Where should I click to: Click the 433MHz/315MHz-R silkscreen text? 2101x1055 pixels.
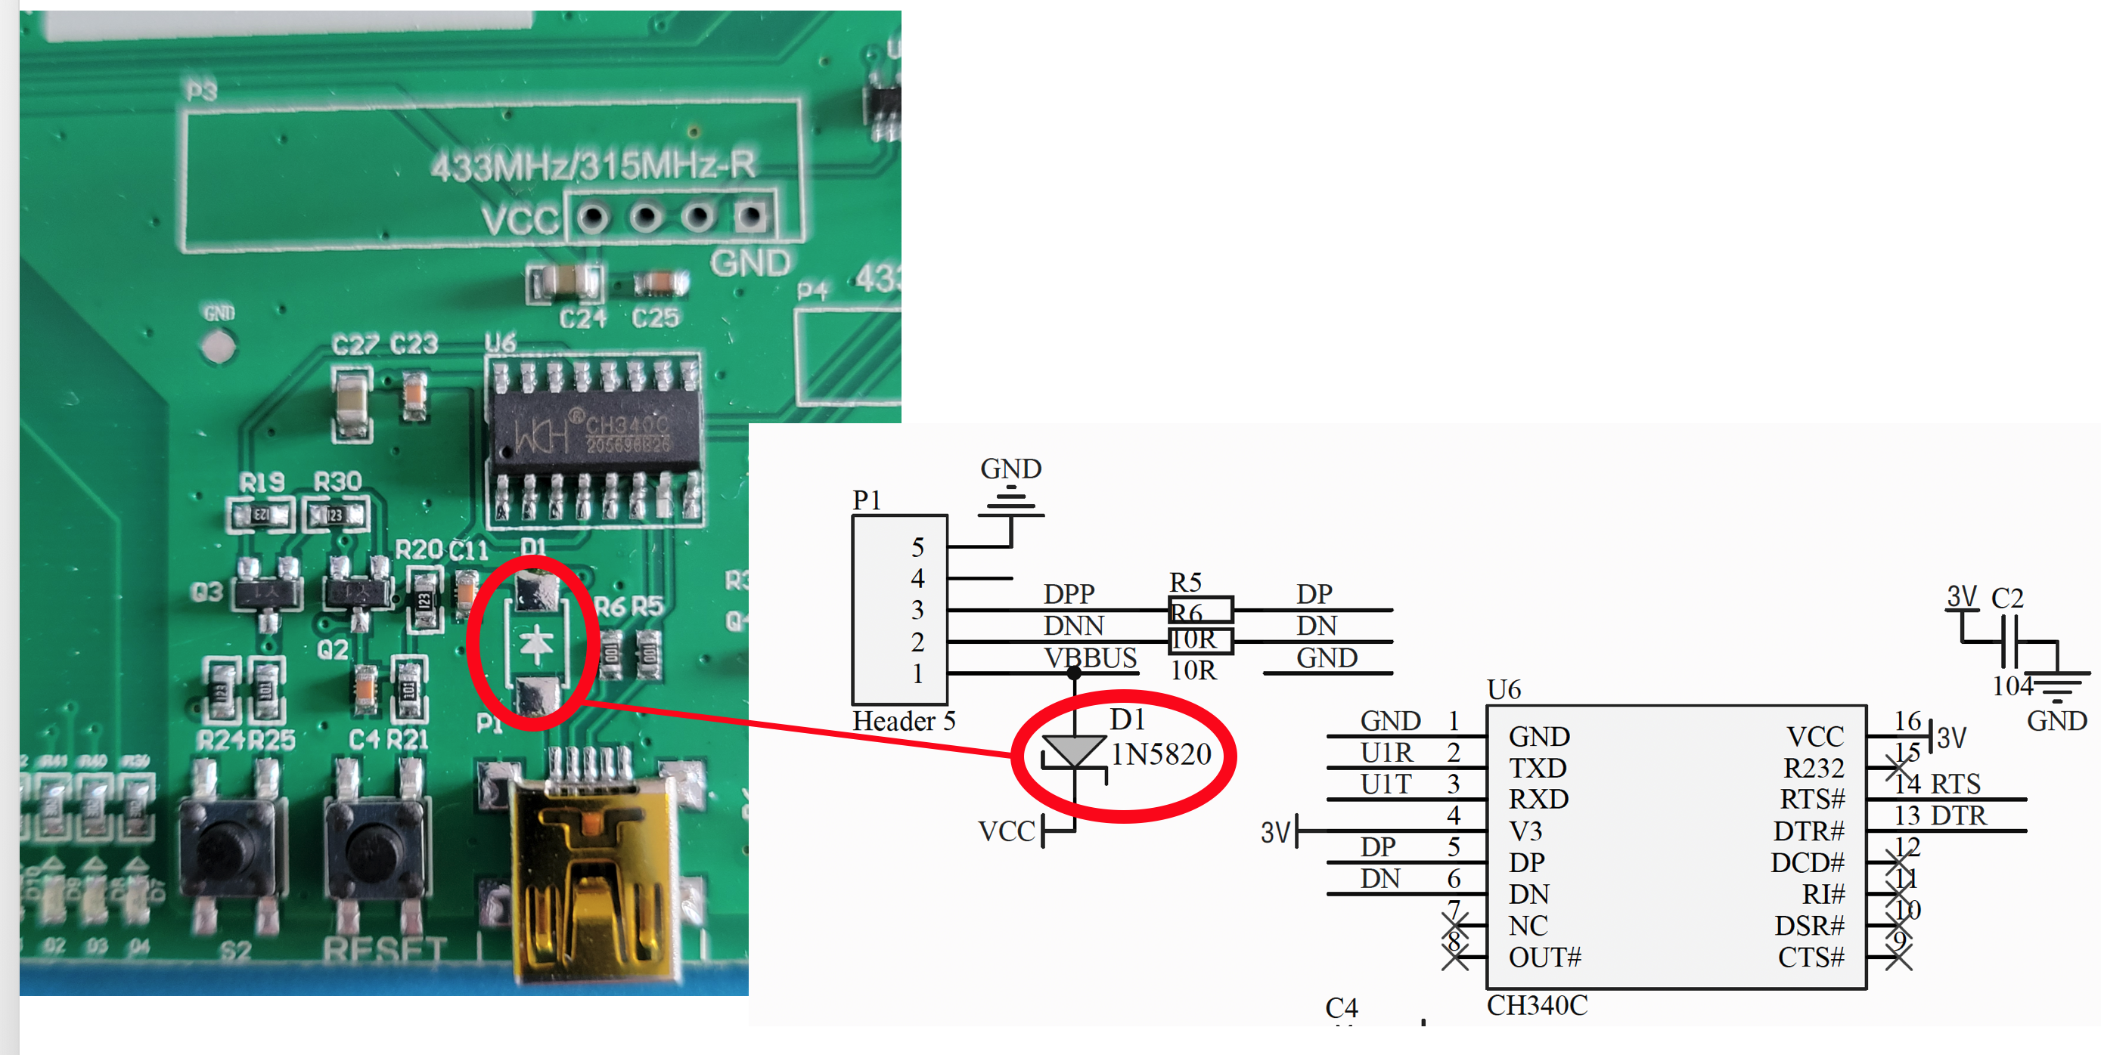point(593,166)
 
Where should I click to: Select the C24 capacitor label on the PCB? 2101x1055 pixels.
point(582,318)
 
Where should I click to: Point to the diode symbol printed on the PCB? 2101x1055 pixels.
point(536,643)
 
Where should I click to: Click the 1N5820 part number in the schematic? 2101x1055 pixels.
point(1161,755)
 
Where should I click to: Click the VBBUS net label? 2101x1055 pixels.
point(1090,658)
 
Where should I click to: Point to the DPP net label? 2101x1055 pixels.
point(1069,593)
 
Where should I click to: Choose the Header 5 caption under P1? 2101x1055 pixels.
point(903,721)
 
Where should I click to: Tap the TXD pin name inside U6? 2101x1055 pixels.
point(1537,768)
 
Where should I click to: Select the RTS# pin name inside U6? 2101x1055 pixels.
point(1811,799)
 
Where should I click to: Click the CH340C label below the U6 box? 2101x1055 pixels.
point(1537,1006)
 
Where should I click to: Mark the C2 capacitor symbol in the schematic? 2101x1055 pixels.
point(2008,642)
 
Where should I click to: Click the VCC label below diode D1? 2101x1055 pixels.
point(1007,831)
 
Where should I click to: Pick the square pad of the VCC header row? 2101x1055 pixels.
point(750,217)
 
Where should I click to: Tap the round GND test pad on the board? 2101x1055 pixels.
point(217,348)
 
